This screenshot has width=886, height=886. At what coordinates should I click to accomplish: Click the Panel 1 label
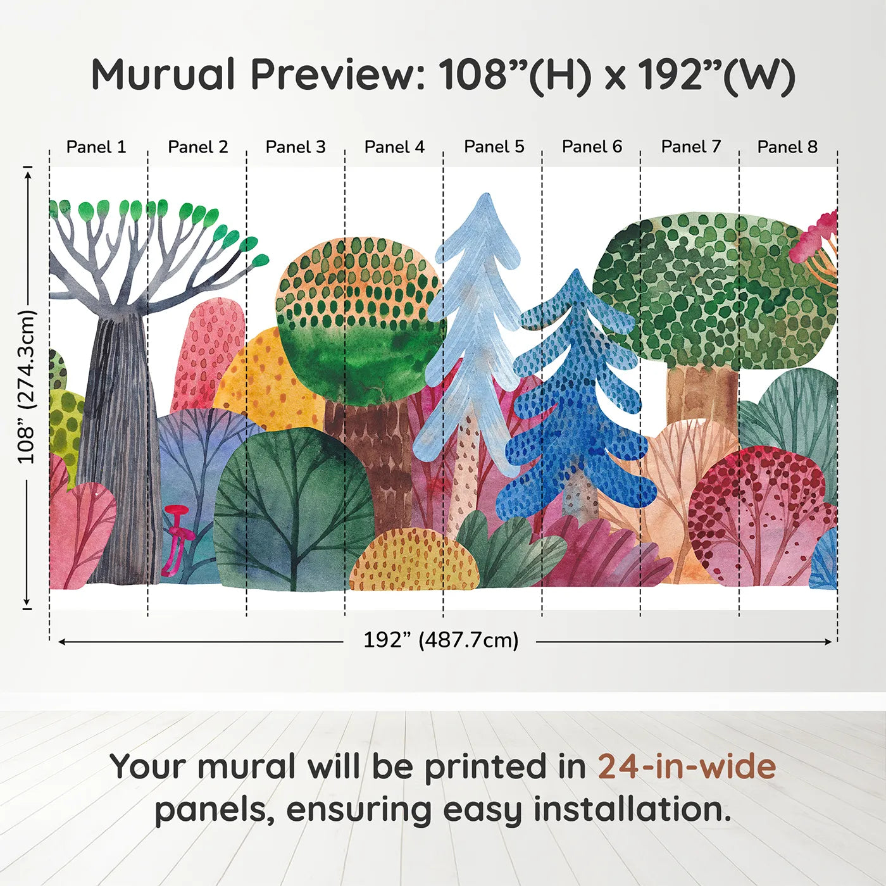96,147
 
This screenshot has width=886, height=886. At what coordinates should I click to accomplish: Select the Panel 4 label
394,147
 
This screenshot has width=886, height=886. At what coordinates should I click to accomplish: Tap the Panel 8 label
787,147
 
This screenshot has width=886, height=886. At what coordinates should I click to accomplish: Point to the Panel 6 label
592,147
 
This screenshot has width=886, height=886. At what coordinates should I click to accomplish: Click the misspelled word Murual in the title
163,75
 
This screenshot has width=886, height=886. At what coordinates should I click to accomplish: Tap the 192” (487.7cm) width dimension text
440,640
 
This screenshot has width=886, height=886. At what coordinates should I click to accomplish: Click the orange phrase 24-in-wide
687,766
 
